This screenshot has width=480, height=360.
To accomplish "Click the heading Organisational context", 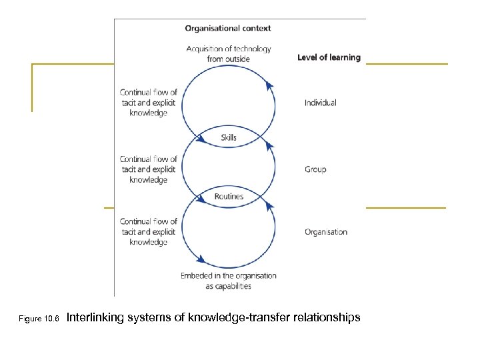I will [228, 29].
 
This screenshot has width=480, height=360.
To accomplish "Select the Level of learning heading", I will [329, 57].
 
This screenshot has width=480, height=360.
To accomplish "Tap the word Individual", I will [321, 103].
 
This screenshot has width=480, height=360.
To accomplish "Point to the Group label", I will [315, 169].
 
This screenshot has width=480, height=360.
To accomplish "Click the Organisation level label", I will [326, 232].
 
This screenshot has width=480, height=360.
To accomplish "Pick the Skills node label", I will [229, 138].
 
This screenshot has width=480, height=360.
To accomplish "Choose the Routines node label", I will [229, 197].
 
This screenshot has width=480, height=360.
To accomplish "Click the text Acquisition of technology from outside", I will [229, 54].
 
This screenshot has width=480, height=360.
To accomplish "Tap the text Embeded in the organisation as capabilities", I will [229, 281].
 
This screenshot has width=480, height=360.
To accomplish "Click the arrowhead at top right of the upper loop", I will [269, 85].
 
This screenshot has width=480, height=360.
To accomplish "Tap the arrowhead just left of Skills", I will [201, 139].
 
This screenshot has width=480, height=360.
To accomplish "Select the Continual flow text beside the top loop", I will [149, 103].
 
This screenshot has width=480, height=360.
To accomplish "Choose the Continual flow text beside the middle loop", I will [149, 169].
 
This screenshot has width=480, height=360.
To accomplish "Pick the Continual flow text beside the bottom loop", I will [149, 231].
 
